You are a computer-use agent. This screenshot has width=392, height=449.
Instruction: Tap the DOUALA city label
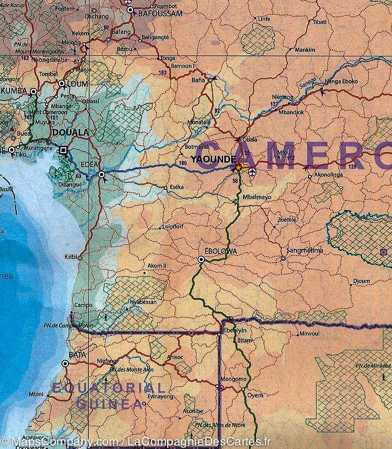[x=70, y=132]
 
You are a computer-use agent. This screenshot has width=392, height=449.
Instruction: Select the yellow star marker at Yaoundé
[x=239, y=167]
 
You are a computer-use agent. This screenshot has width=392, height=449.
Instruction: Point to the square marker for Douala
[x=64, y=150]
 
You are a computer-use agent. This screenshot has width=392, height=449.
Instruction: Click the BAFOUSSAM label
[x=159, y=12]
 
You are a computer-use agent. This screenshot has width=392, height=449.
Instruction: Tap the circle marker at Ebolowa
[x=201, y=260]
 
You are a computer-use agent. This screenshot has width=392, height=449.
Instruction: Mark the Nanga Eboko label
[x=341, y=81]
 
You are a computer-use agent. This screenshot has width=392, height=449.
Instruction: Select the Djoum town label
[x=361, y=281]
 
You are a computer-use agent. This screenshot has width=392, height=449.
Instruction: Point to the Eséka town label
[x=178, y=188]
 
